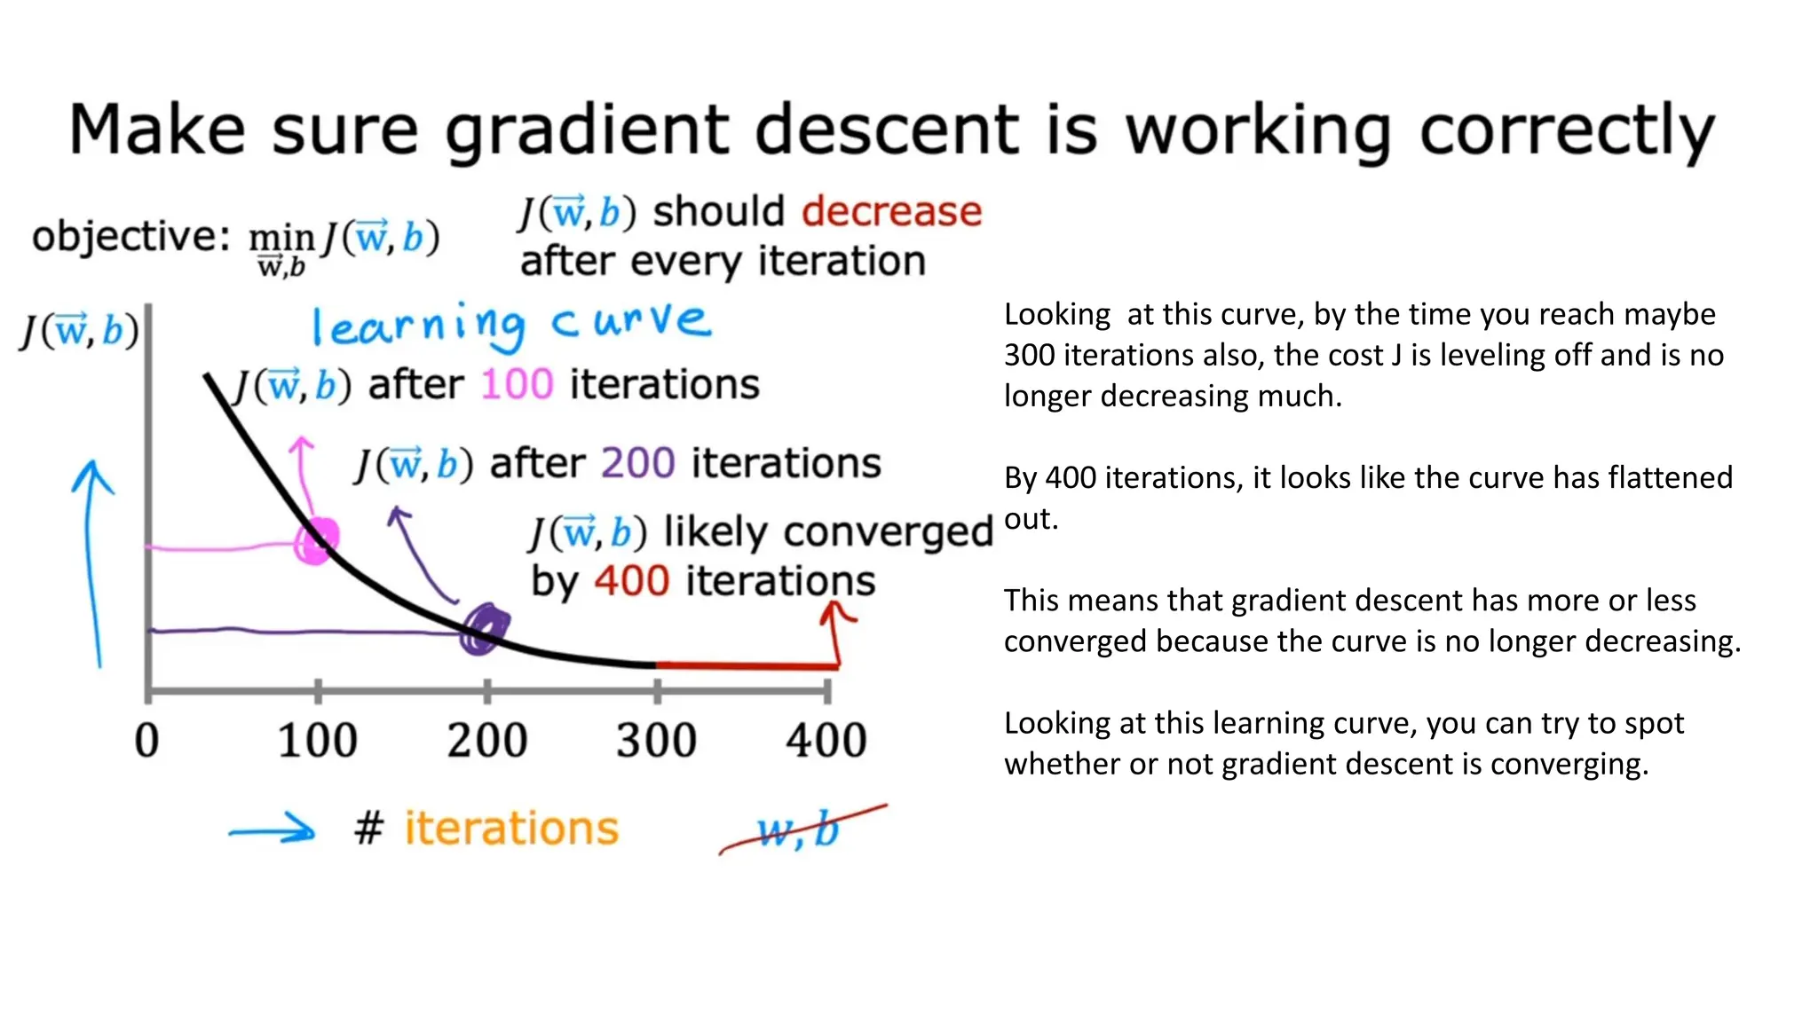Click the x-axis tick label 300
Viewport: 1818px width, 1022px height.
(656, 740)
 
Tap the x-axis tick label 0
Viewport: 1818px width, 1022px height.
(146, 740)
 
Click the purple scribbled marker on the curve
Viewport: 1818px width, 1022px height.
(485, 629)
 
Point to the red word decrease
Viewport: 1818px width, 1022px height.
(891, 212)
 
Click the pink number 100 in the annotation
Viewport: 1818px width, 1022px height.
(517, 385)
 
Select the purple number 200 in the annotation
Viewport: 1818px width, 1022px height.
(637, 463)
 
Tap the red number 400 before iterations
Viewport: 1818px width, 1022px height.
(631, 582)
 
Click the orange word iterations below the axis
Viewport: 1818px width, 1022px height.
(511, 829)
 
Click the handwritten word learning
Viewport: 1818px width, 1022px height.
(417, 326)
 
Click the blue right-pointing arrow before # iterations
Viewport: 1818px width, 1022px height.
(272, 831)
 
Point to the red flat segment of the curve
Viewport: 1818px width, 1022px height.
(746, 664)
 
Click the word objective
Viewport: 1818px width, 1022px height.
(130, 237)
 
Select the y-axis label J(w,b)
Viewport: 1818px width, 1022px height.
(80, 331)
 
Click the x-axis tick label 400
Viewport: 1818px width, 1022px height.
(826, 740)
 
